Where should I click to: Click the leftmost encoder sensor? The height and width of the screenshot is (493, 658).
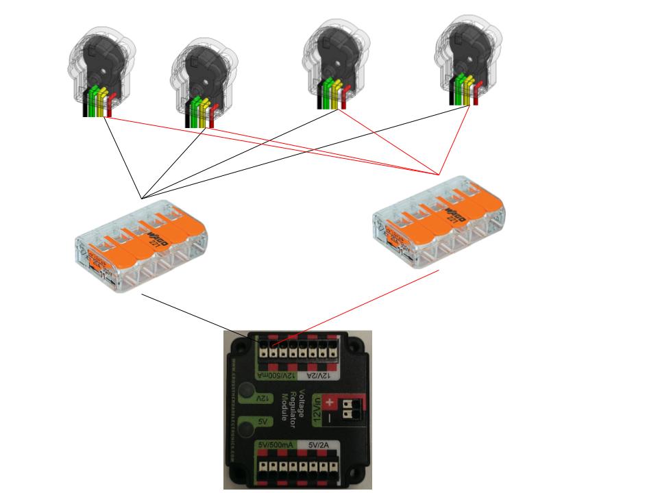(99, 68)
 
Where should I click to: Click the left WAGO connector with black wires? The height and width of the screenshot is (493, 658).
(141, 246)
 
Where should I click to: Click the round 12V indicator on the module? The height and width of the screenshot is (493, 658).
(264, 398)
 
